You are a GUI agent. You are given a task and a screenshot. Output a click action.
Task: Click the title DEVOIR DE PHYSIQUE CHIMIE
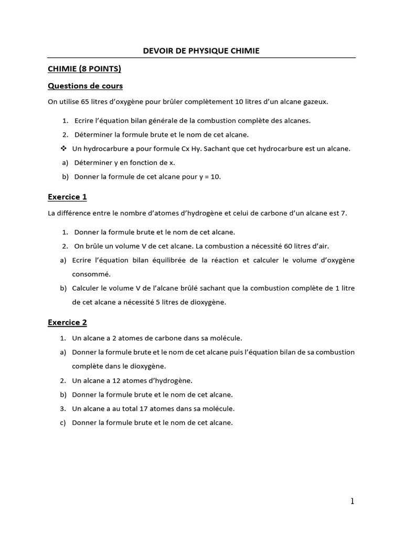[201, 50]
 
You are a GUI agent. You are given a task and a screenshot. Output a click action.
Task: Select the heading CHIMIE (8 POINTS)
[84, 68]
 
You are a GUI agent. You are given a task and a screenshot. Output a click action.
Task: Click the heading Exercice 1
[67, 197]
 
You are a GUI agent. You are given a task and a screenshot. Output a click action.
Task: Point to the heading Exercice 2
[67, 322]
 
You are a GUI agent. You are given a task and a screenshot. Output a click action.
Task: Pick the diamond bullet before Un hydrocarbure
[64, 149]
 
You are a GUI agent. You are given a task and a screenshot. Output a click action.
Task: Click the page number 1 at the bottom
[353, 501]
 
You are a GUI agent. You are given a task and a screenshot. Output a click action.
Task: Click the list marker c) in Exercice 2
[63, 422]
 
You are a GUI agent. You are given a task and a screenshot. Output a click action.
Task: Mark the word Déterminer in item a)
[92, 163]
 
